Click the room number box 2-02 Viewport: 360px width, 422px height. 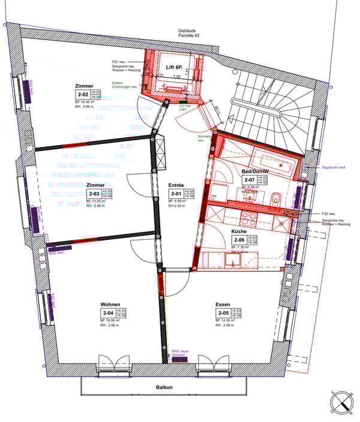click(83, 94)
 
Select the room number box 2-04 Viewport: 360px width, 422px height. click(108, 313)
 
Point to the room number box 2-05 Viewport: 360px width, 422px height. click(223, 313)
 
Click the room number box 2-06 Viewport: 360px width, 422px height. click(240, 240)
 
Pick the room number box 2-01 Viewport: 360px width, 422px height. click(176, 194)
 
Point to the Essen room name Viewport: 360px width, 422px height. click(223, 305)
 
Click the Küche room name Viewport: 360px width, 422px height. click(240, 231)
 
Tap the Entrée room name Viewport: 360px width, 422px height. click(176, 186)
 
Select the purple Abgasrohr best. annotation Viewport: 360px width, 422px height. click(335, 167)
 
